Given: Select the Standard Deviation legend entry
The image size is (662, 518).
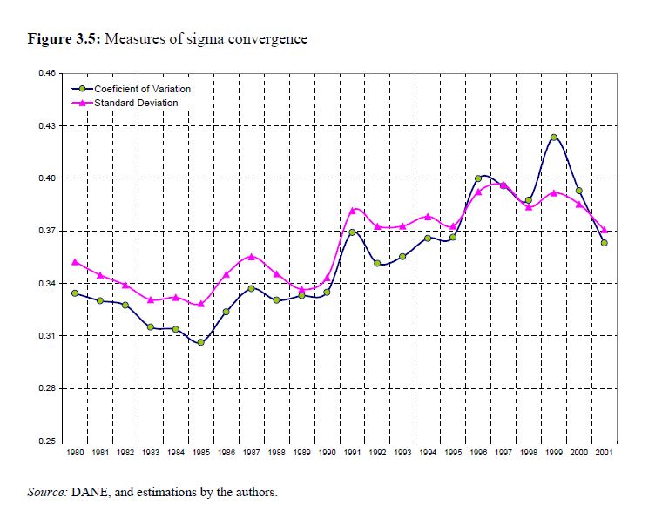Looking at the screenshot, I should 136,103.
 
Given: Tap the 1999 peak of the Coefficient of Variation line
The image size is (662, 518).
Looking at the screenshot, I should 553,137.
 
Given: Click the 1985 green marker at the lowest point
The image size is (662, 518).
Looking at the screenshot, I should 200,342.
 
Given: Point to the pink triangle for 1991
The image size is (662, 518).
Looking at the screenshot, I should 352,210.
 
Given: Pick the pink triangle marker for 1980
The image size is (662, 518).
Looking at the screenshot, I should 75,261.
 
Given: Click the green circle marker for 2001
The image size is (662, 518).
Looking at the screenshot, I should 604,243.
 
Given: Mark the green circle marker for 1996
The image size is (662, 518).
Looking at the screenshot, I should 478,178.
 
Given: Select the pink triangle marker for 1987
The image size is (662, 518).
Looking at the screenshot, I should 251,256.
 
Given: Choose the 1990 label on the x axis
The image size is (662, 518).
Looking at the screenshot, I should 327,454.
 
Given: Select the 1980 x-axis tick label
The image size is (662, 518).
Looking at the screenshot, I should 75,454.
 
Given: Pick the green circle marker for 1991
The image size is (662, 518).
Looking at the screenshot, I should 352,232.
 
